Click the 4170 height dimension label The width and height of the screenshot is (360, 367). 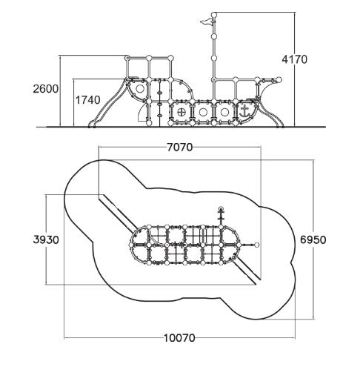295,59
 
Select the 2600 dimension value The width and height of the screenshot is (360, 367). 46,89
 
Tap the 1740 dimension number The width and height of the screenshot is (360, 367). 87,100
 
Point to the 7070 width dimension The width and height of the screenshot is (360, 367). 180,148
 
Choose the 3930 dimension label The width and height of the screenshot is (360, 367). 46,239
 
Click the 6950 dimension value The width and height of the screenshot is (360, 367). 313,239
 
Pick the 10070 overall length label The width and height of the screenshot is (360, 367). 179,338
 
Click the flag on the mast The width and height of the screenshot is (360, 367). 207,22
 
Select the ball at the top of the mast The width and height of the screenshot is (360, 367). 214,15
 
